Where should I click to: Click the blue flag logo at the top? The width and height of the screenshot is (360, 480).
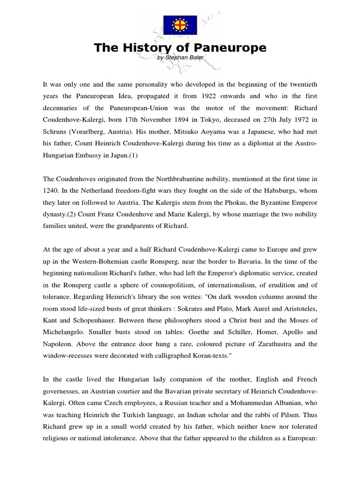click(180, 25)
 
